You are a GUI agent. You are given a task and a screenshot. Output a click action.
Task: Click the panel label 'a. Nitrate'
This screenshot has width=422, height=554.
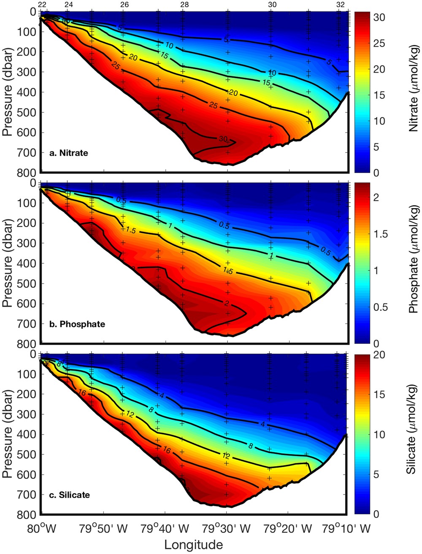point(69,153)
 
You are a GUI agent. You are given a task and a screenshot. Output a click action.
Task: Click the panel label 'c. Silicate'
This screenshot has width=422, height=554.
point(70,495)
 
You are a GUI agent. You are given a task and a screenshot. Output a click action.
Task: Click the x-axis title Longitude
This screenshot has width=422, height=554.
point(193,545)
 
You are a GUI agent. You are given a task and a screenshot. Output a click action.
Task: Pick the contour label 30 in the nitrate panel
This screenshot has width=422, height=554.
point(224,139)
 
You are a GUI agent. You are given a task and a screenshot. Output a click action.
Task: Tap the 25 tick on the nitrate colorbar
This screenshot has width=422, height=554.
point(378,44)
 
